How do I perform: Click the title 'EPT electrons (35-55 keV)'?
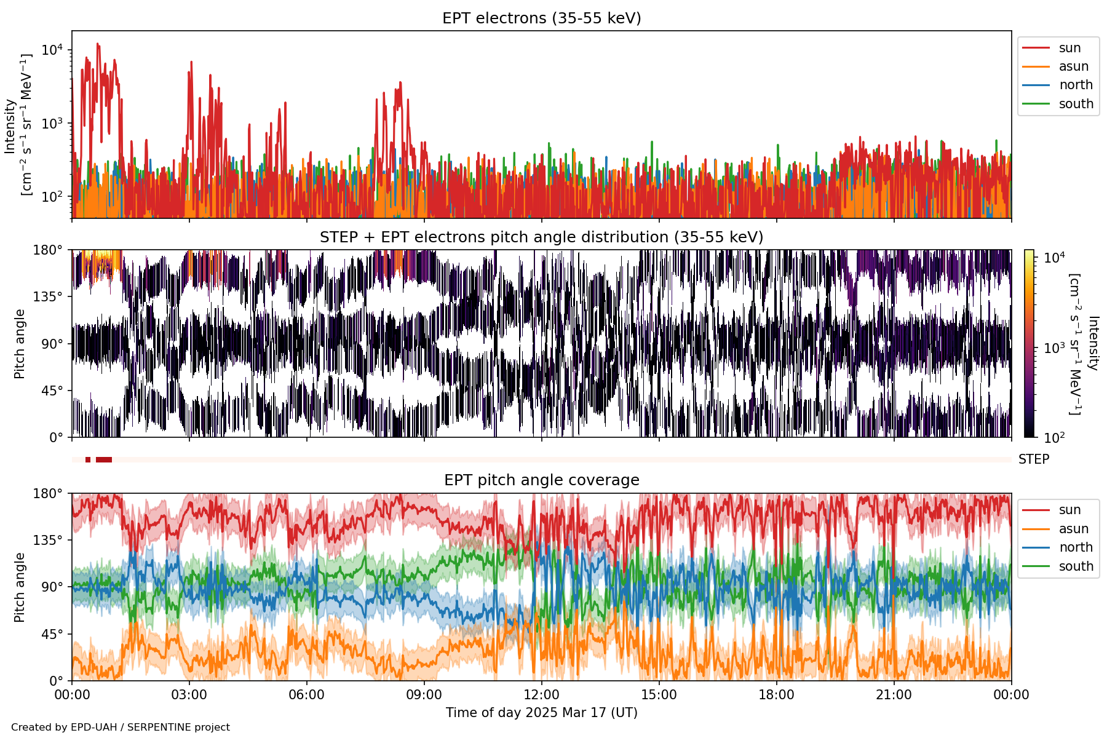coord(541,18)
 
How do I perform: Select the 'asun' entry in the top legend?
coord(1073,66)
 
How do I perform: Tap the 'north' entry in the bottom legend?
coord(1076,547)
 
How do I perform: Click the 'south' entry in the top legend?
coord(1076,104)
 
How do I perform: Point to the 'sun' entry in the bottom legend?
coord(1069,510)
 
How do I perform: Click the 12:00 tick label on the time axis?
coord(541,696)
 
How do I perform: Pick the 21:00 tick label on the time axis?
coord(894,696)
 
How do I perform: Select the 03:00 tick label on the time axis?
coord(189,696)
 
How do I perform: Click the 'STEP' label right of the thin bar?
coord(1033,459)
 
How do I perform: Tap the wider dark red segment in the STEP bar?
coord(104,460)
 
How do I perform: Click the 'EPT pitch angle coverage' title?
coord(541,480)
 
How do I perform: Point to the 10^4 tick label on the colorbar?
coord(1054,258)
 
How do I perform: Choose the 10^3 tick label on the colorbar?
coord(1054,347)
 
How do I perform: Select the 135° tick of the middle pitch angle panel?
coord(52,297)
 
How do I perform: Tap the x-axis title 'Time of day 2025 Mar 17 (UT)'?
coord(541,713)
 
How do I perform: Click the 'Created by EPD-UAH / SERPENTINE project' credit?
coord(121,728)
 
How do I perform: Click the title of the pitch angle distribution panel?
coord(541,237)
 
